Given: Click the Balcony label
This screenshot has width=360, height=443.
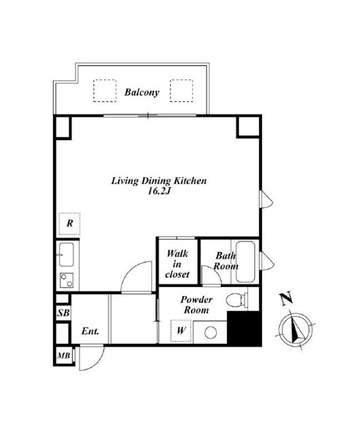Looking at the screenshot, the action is tap(142, 92).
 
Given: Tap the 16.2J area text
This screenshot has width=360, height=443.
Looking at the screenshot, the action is tap(160, 191).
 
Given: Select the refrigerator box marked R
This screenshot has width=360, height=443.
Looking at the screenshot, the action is tap(70, 224).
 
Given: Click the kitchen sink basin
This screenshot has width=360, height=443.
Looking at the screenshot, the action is tap(66, 255).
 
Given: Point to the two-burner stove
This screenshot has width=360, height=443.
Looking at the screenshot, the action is tap(66, 280).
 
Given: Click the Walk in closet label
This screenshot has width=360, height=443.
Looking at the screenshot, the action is tap(177, 264).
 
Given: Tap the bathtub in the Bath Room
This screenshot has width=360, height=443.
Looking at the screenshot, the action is tap(245, 261).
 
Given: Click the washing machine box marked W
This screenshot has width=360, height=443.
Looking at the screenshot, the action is tap(181, 331).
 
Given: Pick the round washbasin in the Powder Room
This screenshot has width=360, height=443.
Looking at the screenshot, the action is tap(210, 333).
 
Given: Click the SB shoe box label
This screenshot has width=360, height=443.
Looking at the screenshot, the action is tap(63, 313).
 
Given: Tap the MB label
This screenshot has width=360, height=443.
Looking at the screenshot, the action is tap(63, 355).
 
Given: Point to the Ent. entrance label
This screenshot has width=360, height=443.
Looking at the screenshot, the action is tap(90, 331).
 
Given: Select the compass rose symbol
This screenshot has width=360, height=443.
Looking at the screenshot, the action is tap(296, 329).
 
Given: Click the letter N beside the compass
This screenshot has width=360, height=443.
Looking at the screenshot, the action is tap(286, 299).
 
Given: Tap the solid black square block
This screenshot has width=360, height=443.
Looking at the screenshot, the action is tap(244, 328).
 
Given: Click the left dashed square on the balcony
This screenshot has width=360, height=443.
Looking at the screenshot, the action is tap(105, 91).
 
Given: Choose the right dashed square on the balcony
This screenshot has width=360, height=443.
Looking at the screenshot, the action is tap(182, 91).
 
